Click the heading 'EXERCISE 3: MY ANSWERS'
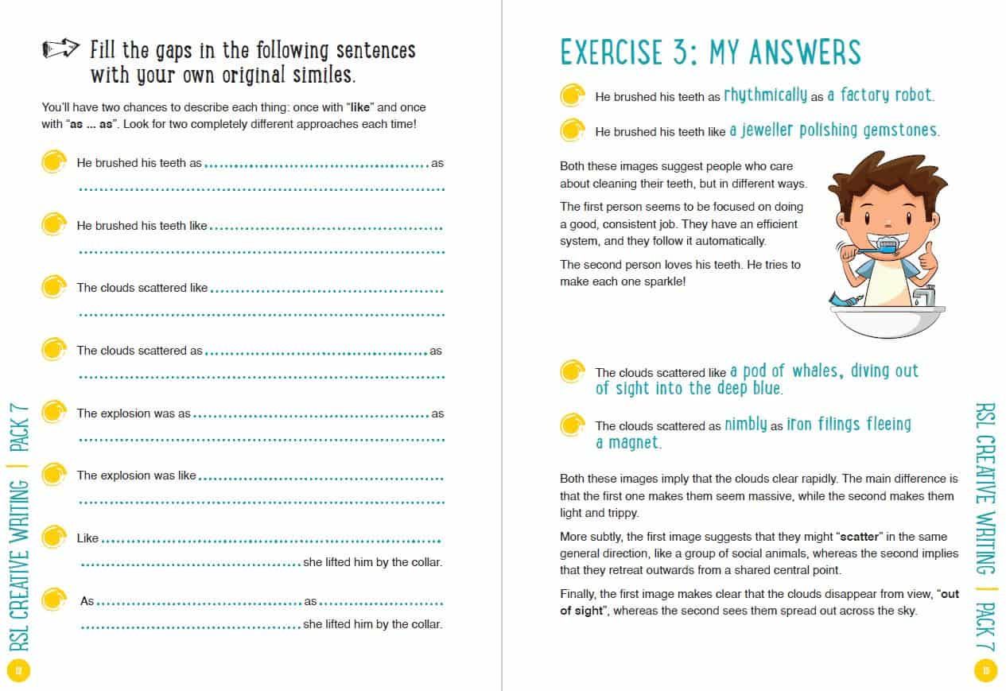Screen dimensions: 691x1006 [710, 52]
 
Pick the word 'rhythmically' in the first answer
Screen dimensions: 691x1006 [765, 95]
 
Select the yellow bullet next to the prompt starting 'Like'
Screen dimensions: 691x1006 [52, 538]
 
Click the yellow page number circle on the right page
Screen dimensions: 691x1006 [985, 671]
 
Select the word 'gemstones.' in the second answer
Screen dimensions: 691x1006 [900, 130]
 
